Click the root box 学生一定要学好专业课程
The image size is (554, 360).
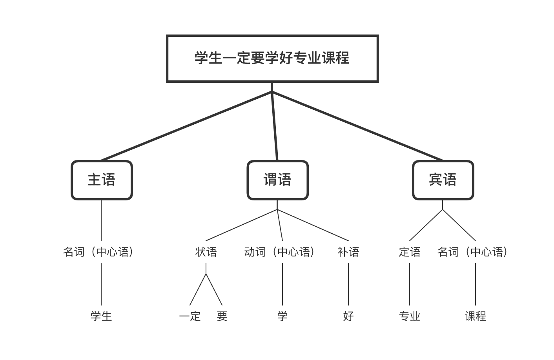[272, 58]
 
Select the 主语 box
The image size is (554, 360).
[102, 180]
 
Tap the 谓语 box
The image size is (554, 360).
[277, 180]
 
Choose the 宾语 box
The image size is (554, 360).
[443, 180]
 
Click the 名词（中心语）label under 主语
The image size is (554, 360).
[98, 252]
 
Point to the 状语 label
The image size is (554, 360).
[206, 252]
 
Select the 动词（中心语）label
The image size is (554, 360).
[279, 252]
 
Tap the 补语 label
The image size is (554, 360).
[348, 252]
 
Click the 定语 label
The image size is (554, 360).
[410, 252]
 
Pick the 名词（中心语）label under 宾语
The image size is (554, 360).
[473, 252]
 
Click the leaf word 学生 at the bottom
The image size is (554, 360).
[101, 316]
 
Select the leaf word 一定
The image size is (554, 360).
[190, 316]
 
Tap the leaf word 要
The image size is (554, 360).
[222, 316]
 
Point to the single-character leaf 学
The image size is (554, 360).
[282, 316]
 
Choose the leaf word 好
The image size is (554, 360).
[348, 316]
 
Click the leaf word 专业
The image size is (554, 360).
[410, 316]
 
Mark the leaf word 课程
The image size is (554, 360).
[476, 316]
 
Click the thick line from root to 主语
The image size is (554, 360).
[186, 126]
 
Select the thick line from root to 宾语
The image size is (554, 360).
[357, 126]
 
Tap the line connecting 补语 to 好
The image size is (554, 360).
[348, 284]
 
